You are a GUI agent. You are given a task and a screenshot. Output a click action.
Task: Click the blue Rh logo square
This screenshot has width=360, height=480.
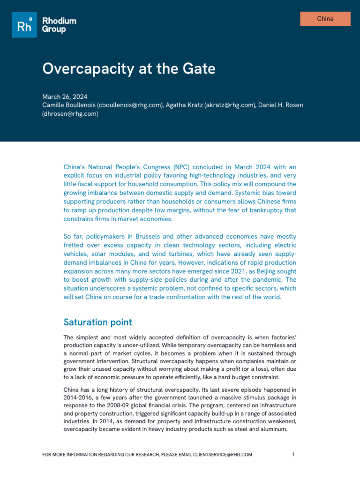(24, 25)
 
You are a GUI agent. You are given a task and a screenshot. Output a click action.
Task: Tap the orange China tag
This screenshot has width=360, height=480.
(325, 19)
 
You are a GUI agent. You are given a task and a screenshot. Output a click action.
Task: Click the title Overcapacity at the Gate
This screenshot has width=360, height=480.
(129, 69)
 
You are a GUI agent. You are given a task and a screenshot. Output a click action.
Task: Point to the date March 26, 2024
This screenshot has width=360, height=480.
(65, 97)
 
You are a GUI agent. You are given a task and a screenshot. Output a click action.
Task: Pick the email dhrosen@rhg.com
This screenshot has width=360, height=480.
(70, 113)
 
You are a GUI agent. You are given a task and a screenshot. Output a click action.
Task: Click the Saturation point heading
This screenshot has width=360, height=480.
(97, 322)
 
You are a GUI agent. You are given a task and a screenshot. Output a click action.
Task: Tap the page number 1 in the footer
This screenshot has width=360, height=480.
(293, 455)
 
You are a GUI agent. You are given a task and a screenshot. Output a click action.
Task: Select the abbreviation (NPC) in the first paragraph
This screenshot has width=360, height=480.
(184, 167)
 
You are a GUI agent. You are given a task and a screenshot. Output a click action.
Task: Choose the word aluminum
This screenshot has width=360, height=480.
(271, 428)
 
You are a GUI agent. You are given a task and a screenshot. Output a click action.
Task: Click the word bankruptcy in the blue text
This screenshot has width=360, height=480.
(258, 210)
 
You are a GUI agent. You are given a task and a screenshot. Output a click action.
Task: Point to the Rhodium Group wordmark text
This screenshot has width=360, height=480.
(59, 25)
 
